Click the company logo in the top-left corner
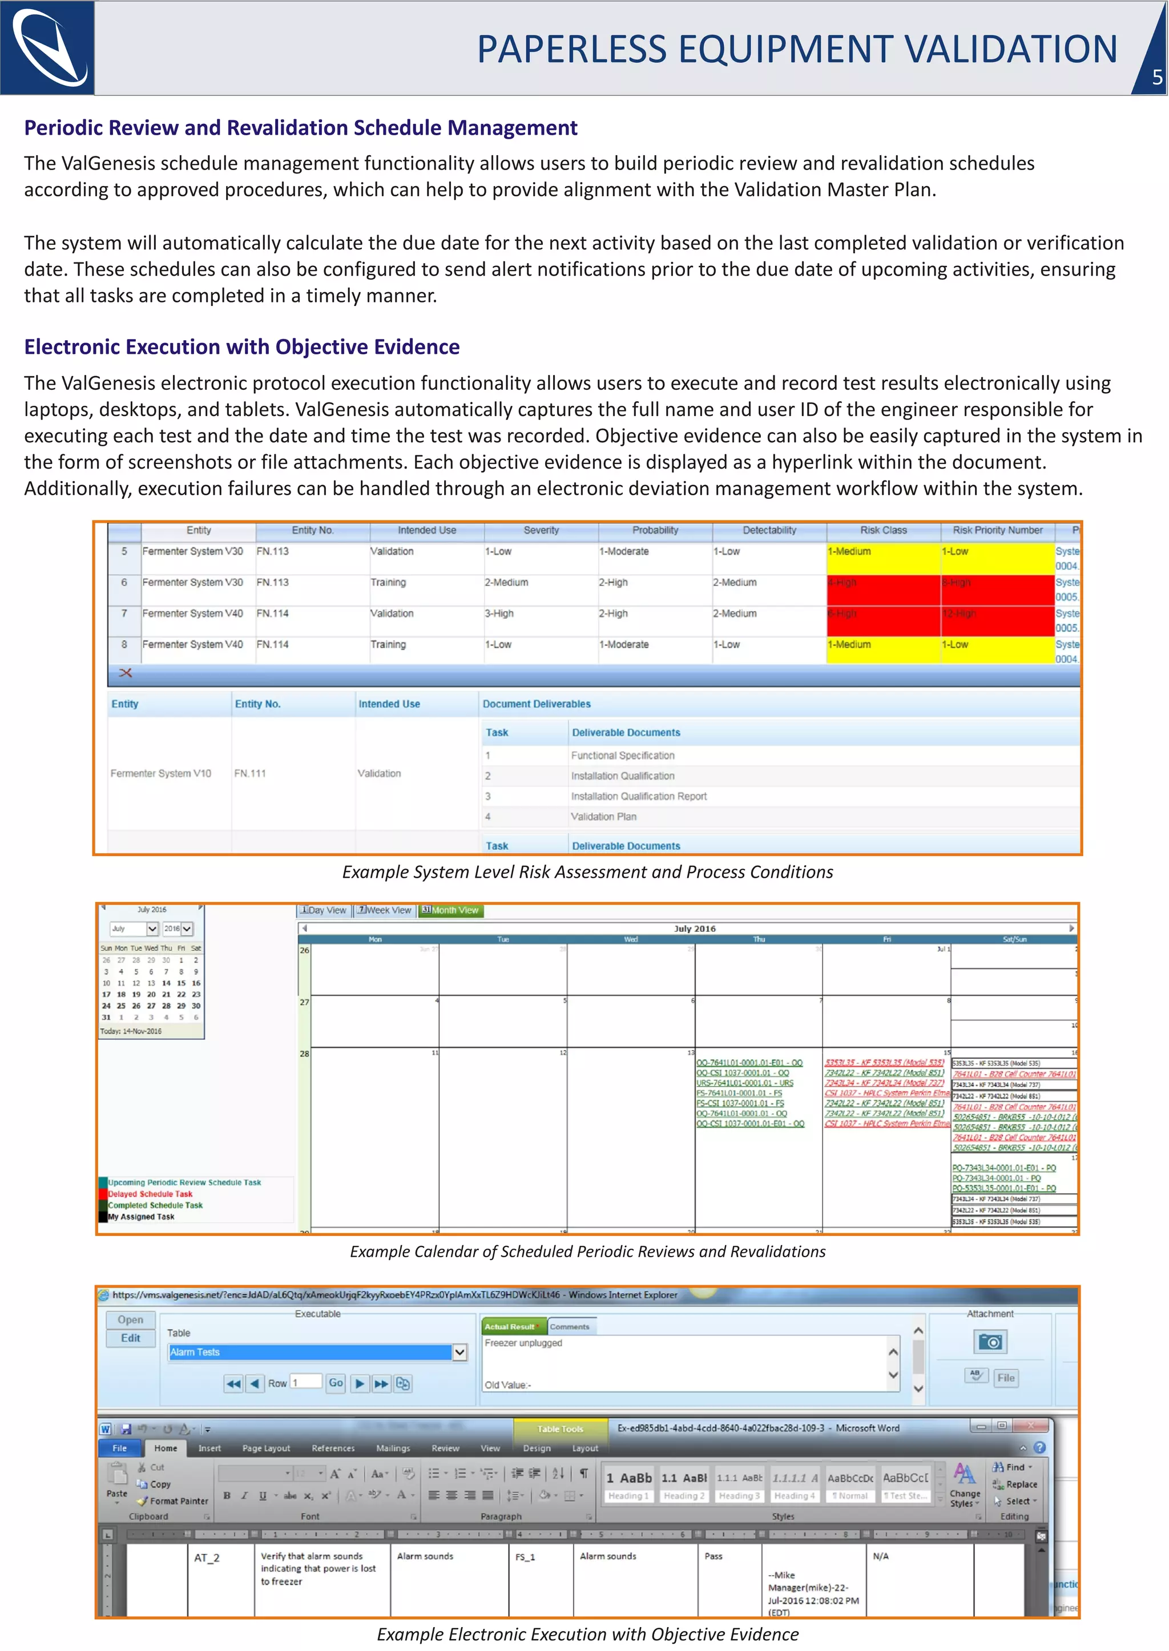pyautogui.click(x=47, y=47)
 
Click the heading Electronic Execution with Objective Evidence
pyautogui.click(x=242, y=347)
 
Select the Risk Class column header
pyautogui.click(x=883, y=530)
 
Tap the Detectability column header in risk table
pyautogui.click(x=769, y=530)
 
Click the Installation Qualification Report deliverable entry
pyautogui.click(x=639, y=797)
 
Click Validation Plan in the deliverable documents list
pyautogui.click(x=603, y=817)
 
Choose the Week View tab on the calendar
pyautogui.click(x=385, y=910)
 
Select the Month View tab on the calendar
pyautogui.click(x=450, y=910)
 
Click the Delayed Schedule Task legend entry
pyautogui.click(x=150, y=1194)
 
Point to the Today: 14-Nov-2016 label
pyautogui.click(x=131, y=1031)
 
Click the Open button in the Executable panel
pyautogui.click(x=130, y=1320)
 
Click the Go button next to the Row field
pyautogui.click(x=336, y=1383)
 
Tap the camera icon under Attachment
pyautogui.click(x=990, y=1342)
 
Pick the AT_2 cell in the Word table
pyautogui.click(x=207, y=1558)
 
